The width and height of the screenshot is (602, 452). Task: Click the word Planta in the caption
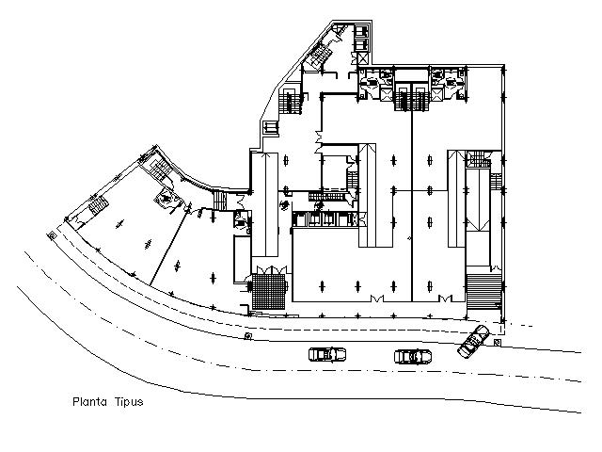tap(90, 402)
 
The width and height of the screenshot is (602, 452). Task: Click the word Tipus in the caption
tap(129, 402)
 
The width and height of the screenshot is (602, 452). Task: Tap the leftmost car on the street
tap(327, 354)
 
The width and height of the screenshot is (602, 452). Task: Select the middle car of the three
tap(413, 356)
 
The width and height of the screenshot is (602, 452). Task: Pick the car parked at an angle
tap(473, 341)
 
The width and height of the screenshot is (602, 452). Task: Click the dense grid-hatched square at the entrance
tap(269, 291)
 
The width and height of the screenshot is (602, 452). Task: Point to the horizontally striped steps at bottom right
tap(484, 291)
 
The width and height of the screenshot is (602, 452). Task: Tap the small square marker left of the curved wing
tap(52, 235)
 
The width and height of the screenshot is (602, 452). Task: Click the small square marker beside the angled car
tap(497, 342)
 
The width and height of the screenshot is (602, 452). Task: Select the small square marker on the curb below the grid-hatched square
tap(248, 337)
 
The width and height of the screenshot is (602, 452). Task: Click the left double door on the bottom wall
tap(376, 299)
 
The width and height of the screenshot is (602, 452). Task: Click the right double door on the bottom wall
tap(446, 299)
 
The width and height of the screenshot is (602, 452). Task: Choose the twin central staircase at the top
tap(412, 99)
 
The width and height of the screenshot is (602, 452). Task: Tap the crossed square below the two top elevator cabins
tap(362, 58)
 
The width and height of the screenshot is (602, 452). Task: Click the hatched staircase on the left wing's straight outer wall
tap(99, 203)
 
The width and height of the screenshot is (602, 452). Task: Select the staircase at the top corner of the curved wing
tap(160, 169)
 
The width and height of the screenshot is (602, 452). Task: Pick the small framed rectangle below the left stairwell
tap(270, 128)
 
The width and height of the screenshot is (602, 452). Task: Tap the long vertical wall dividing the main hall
tap(412, 205)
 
